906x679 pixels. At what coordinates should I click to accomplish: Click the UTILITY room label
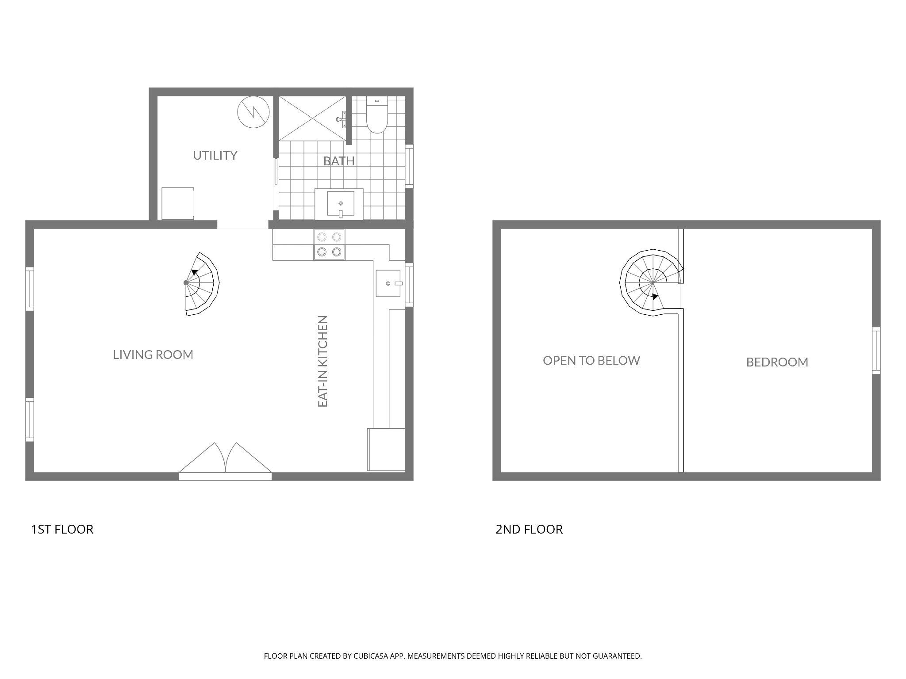215,156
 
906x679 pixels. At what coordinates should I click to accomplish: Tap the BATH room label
339,161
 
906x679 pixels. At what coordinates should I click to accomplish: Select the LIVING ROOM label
153,355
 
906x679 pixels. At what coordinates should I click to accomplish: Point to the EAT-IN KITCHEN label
323,361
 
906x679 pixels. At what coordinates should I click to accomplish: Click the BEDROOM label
777,362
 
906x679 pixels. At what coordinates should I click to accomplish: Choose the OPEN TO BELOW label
591,361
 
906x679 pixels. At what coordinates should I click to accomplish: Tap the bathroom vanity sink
340,204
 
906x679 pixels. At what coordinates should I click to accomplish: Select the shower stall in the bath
312,118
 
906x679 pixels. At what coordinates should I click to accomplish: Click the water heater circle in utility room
253,112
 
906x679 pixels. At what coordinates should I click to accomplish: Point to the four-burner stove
329,244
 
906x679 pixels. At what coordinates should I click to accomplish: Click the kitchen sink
388,283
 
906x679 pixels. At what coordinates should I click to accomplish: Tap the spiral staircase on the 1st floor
202,284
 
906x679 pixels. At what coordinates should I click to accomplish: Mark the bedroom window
876,351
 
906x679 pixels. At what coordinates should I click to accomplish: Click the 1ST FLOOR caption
62,529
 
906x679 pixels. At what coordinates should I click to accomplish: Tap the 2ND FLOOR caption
529,529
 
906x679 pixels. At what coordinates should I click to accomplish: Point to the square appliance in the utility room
178,203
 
